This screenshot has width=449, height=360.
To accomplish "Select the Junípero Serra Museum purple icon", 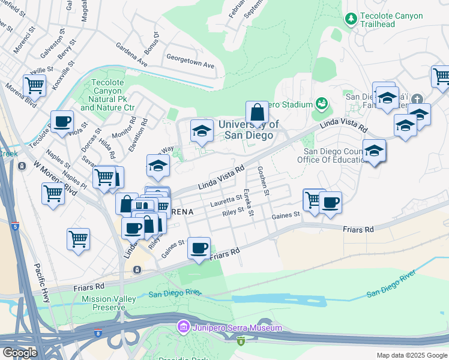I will [x=183, y=328].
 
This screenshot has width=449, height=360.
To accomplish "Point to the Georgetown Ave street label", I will [x=190, y=65].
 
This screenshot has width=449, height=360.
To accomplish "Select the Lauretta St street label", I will [x=226, y=200].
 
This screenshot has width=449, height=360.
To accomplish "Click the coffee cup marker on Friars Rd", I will [x=200, y=247].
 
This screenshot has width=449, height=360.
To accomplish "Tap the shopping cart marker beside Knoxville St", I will [x=35, y=85].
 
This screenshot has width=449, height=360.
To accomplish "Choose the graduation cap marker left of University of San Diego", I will [x=202, y=130].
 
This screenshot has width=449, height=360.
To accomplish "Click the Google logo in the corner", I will [x=19, y=352].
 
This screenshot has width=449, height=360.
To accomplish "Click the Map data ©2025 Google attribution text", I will [x=411, y=355].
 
